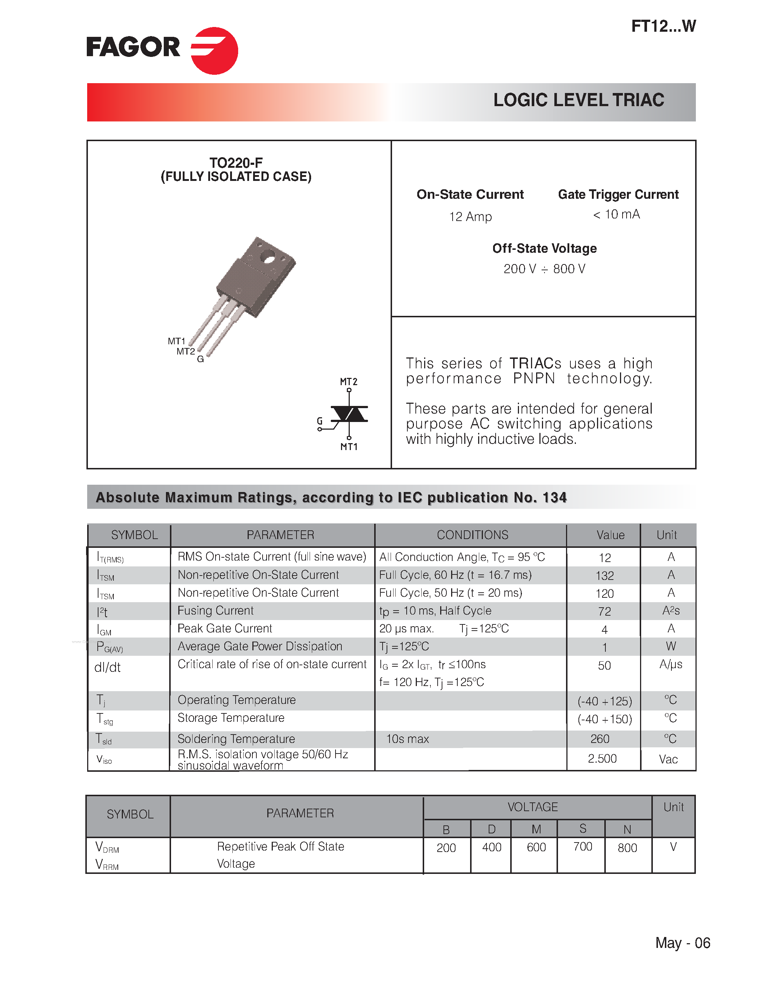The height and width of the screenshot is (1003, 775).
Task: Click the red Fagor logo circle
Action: point(214,51)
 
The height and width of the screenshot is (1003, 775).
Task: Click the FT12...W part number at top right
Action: point(663,26)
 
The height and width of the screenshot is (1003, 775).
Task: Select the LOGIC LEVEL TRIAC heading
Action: point(578,100)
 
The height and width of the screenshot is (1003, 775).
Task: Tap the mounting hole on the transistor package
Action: point(268,257)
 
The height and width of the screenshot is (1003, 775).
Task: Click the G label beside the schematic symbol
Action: point(319,421)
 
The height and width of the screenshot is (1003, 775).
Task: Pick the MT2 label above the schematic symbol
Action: point(348,382)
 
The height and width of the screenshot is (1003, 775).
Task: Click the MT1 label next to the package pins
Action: point(176,341)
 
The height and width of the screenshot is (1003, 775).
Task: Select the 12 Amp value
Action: point(470,216)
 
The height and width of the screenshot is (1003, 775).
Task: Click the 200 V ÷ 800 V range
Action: point(544,269)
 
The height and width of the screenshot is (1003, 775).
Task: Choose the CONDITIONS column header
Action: point(472,535)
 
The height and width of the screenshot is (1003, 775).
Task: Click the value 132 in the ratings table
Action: point(604,576)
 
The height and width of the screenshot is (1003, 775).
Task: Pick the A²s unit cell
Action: point(670,611)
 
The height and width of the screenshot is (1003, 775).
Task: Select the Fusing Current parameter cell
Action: point(215,611)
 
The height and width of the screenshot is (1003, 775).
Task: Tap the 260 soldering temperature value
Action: point(600,739)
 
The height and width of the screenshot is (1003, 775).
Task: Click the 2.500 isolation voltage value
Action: point(602,759)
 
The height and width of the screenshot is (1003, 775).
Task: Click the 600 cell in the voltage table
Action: point(536,847)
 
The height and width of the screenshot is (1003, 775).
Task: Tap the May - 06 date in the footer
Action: point(682,943)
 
